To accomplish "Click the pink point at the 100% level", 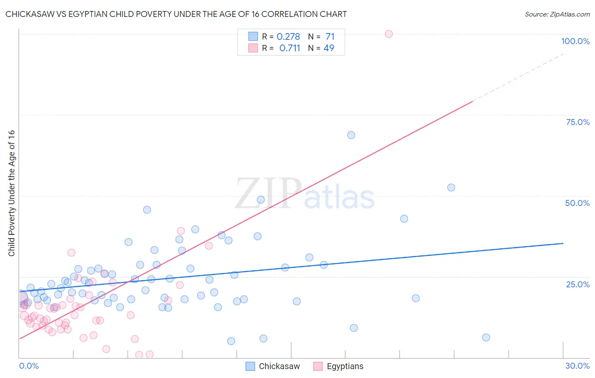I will [388, 34].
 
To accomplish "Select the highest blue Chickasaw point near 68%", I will [351, 135].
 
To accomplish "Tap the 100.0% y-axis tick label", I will [575, 41].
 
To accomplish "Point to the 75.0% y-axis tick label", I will [577, 122].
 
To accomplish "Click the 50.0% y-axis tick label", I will [577, 203].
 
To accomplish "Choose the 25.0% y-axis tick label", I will [577, 284].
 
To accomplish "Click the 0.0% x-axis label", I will [29, 366].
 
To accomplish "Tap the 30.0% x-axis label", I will [577, 366].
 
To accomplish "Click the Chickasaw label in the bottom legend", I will [279, 366].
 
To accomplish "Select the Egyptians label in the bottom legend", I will [345, 366].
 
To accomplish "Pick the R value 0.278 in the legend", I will [288, 37].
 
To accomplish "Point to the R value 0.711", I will [289, 48].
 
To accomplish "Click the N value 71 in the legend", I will [330, 37].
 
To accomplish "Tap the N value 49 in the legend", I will [329, 48].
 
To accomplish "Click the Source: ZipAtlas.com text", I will [557, 14].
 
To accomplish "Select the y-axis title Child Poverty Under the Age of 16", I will [11, 193].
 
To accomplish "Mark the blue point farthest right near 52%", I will [451, 187].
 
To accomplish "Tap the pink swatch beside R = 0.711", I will [253, 48].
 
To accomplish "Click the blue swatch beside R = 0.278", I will [253, 36].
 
